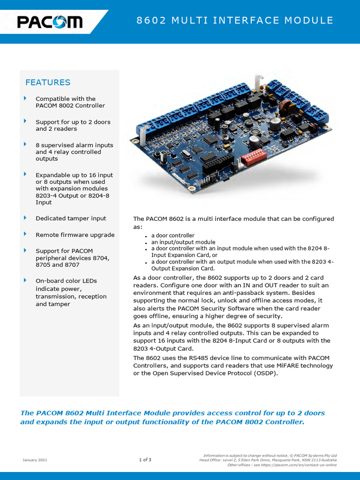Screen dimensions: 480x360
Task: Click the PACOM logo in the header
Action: pos(50,22)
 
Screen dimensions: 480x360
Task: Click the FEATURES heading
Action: pos(48,82)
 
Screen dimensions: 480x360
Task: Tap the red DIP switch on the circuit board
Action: pos(254,156)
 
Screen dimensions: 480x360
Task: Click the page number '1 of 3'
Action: pos(145,460)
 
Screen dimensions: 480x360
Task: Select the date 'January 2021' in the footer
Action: pos(35,460)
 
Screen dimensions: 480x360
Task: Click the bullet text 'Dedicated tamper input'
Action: pos(71,218)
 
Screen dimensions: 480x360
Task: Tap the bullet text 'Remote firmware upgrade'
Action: pos(75,235)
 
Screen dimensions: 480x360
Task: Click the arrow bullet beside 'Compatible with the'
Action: pos(25,98)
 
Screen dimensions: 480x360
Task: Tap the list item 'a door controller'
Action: pos(172,235)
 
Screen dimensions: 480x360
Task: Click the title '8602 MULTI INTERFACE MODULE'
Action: pos(235,21)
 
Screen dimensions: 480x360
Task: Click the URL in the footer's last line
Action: pos(295,465)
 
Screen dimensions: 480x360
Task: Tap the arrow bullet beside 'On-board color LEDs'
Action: pos(25,280)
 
